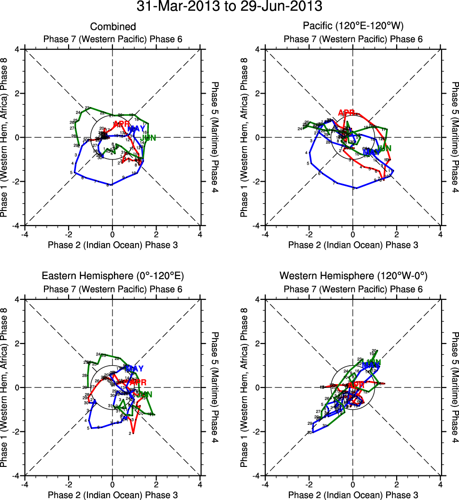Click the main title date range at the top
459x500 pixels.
click(x=229, y=7)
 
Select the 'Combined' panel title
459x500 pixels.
click(x=113, y=27)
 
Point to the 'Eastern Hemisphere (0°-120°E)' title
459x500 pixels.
click(x=113, y=276)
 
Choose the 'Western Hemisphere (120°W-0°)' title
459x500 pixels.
click(x=353, y=276)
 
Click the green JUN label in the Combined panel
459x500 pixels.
click(x=149, y=138)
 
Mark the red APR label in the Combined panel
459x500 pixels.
click(x=121, y=124)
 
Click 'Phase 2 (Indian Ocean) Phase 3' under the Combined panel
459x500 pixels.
click(x=113, y=245)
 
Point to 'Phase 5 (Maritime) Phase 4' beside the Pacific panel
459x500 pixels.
click(x=455, y=137)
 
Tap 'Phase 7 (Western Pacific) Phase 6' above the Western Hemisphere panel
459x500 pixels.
click(x=353, y=289)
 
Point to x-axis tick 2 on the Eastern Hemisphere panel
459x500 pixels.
click(x=156, y=485)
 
